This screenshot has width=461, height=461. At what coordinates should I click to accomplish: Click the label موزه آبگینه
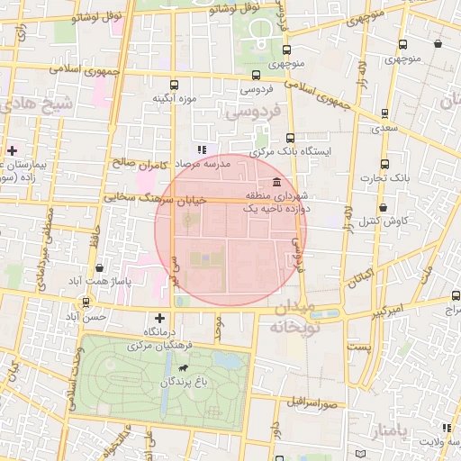175,98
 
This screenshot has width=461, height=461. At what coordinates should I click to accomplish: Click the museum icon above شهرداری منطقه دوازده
275,182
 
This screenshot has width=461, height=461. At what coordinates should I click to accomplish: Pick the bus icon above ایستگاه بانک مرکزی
290,139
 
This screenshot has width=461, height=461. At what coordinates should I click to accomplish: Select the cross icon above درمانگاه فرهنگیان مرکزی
159,317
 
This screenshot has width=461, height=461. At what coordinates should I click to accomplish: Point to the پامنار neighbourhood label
388,431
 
